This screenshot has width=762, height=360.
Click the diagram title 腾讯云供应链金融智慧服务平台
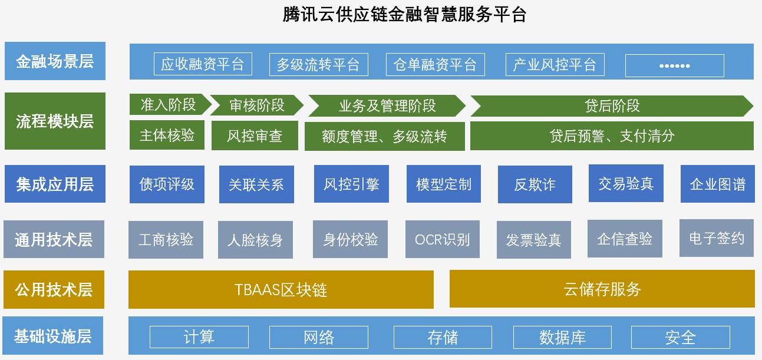(x=404, y=15)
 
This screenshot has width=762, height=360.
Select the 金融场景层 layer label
(x=55, y=61)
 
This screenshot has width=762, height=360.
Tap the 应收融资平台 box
(x=202, y=64)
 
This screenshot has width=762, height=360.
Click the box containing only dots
(x=674, y=65)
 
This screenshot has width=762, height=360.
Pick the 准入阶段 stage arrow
(x=169, y=105)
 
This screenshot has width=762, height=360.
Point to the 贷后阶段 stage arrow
(x=612, y=106)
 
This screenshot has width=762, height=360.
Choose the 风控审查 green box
(x=255, y=136)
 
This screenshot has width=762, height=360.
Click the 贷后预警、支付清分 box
(x=612, y=136)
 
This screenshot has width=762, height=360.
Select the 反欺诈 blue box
(x=535, y=184)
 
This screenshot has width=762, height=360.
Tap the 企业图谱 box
(x=717, y=184)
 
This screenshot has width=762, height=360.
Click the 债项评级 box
(x=167, y=184)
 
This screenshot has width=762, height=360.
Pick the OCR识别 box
(x=443, y=240)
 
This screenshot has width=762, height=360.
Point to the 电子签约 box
(x=717, y=238)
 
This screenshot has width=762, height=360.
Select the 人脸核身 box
(x=255, y=240)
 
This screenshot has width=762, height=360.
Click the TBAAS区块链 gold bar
(x=281, y=289)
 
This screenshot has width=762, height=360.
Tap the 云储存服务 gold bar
(x=602, y=289)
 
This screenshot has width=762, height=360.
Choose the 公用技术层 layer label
(x=54, y=289)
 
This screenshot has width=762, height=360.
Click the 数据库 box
(x=562, y=337)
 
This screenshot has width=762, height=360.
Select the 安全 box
(x=681, y=337)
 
